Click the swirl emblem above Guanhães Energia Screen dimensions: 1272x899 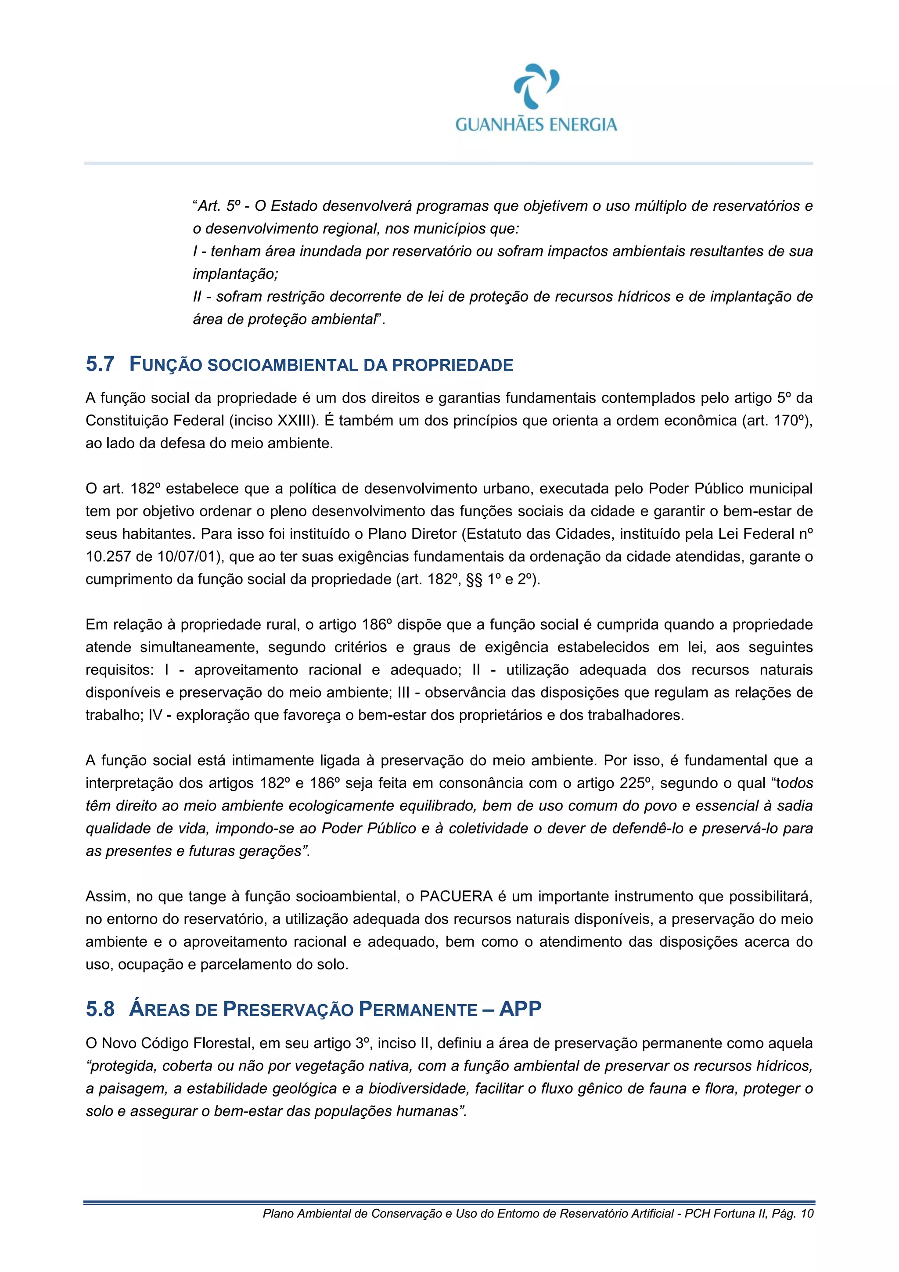[536, 86]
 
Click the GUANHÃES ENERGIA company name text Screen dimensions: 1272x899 [536, 125]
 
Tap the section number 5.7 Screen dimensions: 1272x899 [100, 364]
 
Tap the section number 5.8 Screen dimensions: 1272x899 [100, 1009]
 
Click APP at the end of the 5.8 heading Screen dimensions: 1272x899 [520, 1009]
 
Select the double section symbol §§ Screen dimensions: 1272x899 [474, 579]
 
